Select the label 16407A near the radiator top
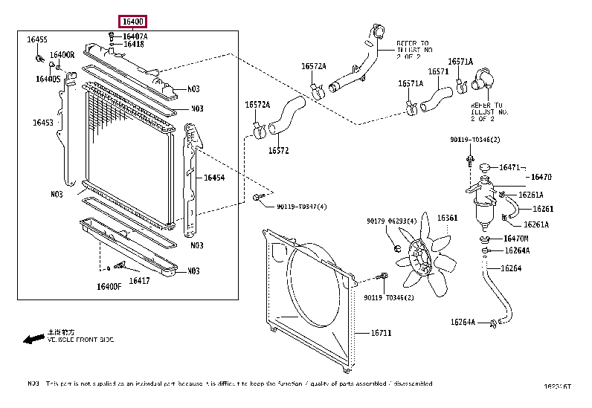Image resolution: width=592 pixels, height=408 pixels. pos(135,36)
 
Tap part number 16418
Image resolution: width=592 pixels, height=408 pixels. pos(134,45)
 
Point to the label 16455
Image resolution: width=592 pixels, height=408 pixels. pos(37,39)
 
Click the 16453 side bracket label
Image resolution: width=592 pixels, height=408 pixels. pos(43,123)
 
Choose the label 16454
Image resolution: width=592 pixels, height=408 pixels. pos(214,178)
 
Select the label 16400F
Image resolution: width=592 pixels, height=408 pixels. pos(109,287)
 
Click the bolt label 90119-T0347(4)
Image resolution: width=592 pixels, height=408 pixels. pos(302,207)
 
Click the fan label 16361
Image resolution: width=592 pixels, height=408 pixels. pos(447,218)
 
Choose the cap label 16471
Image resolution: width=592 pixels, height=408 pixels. pos(510,168)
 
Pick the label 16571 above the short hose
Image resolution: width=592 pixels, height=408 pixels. pos(438,72)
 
